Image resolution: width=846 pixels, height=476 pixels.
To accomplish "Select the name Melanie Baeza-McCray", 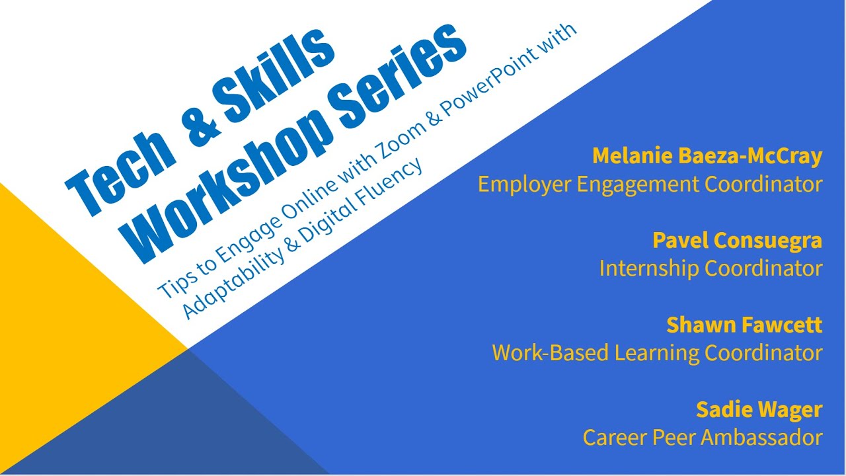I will [707, 156].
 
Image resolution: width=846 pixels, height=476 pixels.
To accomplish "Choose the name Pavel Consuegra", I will [737, 240].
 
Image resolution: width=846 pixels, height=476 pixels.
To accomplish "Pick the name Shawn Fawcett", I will [744, 325].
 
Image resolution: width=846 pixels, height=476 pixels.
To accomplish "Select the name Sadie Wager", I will [759, 409].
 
